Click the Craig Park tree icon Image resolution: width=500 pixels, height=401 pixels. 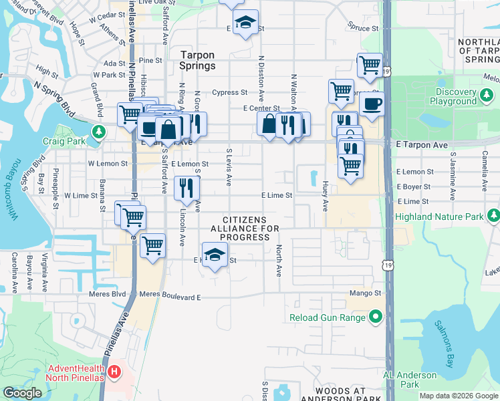pyautogui.click(x=100, y=130)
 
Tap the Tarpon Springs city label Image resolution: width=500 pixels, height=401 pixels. pyautogui.click(x=207, y=60)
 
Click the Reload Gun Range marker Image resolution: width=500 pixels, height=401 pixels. pyautogui.click(x=376, y=317)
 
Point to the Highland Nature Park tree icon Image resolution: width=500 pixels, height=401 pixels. pyautogui.click(x=493, y=215)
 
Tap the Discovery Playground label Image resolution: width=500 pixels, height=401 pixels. pyautogui.click(x=446, y=96)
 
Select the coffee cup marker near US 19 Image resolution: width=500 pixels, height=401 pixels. pyautogui.click(x=372, y=104)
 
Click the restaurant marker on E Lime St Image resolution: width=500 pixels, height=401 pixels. pyautogui.click(x=186, y=188)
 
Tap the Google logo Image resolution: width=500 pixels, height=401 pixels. pyautogui.click(x=22, y=392)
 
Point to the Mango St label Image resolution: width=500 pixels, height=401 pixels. pyautogui.click(x=364, y=293)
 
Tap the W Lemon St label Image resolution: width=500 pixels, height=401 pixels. pyautogui.click(x=108, y=163)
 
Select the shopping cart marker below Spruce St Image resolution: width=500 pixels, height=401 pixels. pyautogui.click(x=370, y=65)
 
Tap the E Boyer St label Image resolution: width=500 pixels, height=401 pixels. pyautogui.click(x=413, y=187)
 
